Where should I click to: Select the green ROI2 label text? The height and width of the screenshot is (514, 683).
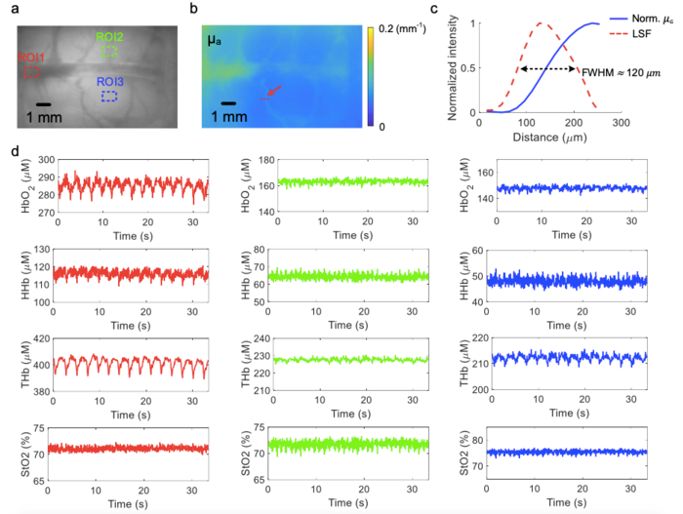click(x=108, y=37)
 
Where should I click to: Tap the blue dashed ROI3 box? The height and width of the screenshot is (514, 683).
click(x=109, y=96)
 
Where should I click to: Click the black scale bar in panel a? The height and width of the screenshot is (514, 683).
click(x=43, y=102)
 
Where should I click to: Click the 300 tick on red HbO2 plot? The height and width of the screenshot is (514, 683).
click(x=42, y=160)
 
